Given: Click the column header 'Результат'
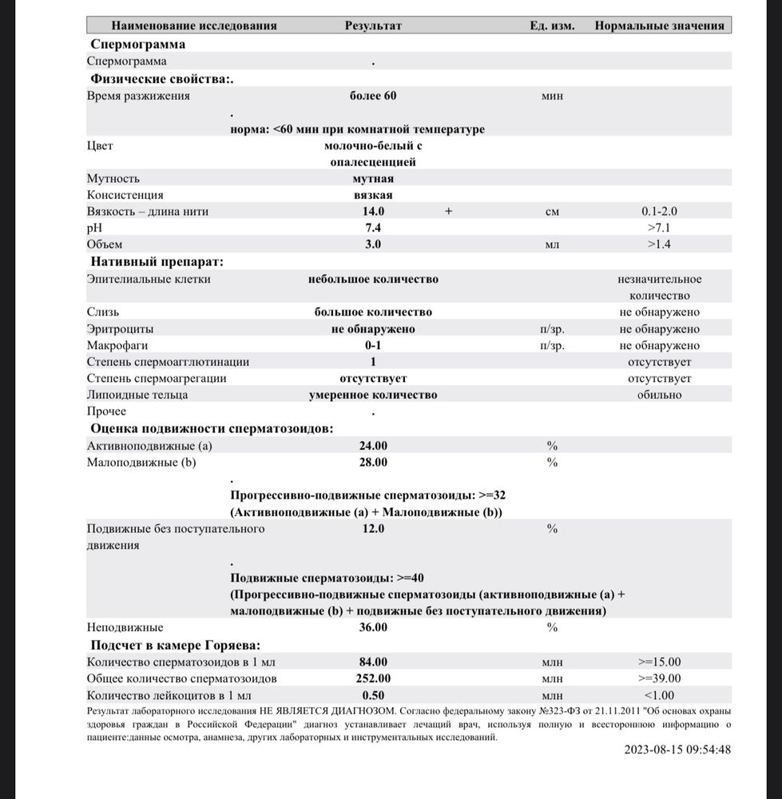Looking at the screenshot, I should [373, 26].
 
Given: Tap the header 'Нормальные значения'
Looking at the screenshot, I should [659, 26].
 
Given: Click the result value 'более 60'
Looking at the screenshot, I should [373, 96].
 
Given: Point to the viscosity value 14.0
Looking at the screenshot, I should [373, 212].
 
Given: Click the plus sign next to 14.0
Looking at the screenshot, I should [449, 212].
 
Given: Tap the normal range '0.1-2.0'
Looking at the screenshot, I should [659, 212].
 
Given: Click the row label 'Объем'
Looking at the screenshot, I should [105, 244].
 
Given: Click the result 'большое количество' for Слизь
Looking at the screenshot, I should [373, 312].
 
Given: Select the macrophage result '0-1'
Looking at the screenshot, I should [373, 346].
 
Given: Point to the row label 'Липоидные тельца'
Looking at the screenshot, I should [137, 395].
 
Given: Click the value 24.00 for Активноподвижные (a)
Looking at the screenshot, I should [373, 446].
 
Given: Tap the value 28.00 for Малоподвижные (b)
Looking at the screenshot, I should [373, 463].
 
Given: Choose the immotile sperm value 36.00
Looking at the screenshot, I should [373, 627].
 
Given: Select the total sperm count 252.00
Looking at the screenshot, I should [373, 678].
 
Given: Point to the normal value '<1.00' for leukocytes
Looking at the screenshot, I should [659, 695].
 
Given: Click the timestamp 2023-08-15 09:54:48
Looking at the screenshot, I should [678, 749].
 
